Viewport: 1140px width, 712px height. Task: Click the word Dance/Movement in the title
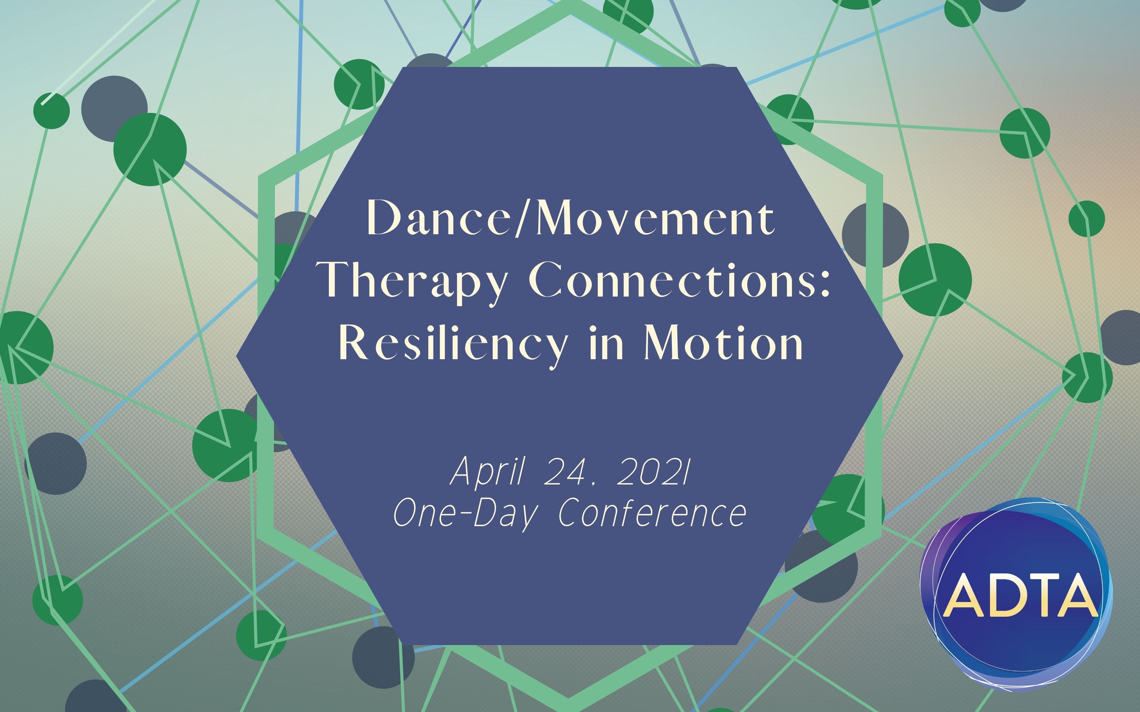tap(570, 218)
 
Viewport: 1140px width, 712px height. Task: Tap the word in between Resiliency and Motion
tap(606, 343)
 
